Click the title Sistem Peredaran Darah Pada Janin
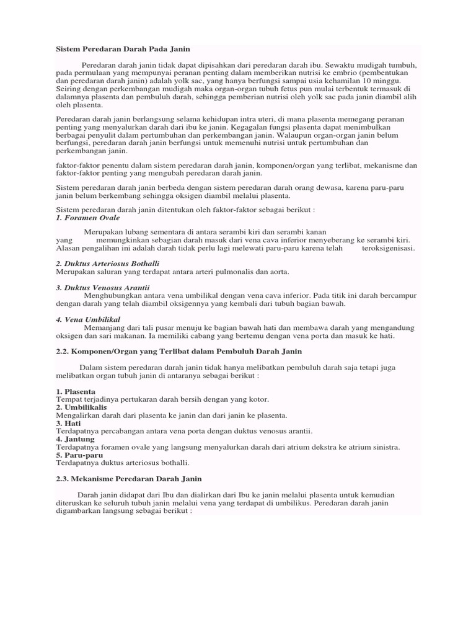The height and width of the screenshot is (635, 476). (123, 48)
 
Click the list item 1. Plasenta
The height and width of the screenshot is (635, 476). (76, 392)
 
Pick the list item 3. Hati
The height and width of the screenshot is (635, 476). (69, 423)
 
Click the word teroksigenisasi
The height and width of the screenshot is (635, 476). (388, 248)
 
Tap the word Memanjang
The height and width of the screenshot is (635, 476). (104, 327)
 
